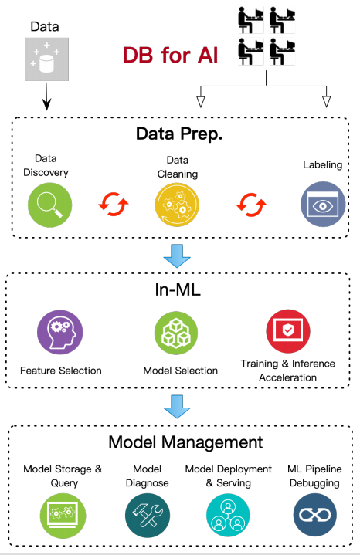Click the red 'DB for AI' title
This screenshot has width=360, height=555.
point(170,56)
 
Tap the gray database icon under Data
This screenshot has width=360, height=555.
point(46,59)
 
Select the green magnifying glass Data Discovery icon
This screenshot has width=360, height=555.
point(50,205)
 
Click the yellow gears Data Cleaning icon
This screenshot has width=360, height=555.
point(177,205)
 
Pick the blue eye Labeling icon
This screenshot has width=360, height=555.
point(323,205)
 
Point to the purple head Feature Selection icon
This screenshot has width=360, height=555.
point(60,333)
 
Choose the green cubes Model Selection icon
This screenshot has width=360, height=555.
point(176,333)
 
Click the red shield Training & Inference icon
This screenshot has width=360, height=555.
point(288,331)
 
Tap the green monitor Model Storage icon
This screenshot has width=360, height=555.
point(63,516)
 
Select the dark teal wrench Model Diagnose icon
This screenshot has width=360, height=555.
point(148,516)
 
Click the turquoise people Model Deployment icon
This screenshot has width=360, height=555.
point(228,516)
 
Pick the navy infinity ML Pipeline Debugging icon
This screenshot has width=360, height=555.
point(315,515)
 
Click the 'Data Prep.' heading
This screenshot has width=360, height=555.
point(179,134)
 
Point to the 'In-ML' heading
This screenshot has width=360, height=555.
point(178,289)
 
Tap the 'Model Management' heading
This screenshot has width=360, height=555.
point(185,442)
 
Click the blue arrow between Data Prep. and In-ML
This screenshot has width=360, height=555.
point(177,256)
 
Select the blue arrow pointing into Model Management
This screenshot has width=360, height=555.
point(177,407)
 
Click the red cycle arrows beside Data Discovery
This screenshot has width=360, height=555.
point(114,205)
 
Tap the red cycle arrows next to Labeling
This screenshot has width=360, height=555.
point(251,205)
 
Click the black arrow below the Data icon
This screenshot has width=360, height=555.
point(46,96)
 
